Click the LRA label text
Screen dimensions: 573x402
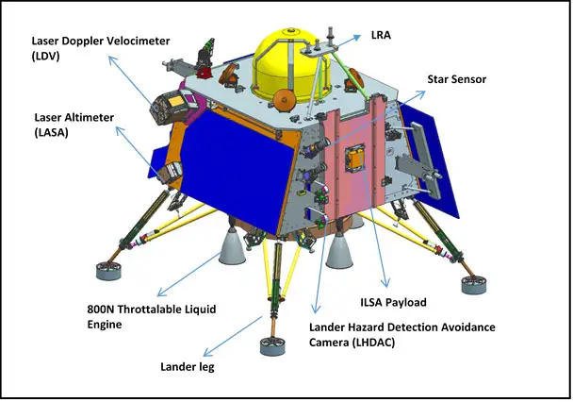coord(381,35)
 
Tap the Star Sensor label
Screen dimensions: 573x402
coord(457,79)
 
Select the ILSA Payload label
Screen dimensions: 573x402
coord(393,303)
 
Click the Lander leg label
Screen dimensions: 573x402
coord(188,366)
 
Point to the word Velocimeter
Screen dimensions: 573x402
coord(139,41)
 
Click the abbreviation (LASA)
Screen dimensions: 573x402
coord(51,132)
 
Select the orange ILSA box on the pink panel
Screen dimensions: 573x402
coord(354,158)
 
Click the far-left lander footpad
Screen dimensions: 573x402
coord(108,270)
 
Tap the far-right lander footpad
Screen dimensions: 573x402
coord(474,285)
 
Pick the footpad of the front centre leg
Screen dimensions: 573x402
coord(272,345)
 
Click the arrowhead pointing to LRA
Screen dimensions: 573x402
coord(356,37)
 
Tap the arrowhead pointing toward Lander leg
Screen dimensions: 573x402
coord(207,352)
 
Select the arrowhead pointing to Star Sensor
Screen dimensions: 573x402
coord(421,93)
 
